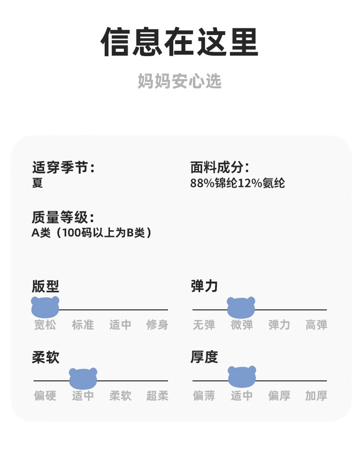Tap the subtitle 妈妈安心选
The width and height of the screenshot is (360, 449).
tap(180, 81)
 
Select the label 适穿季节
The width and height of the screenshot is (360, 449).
tap(63, 167)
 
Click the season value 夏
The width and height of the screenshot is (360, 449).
tap(37, 183)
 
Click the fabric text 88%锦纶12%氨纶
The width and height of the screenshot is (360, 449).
tap(238, 183)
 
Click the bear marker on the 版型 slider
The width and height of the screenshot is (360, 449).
tap(45, 307)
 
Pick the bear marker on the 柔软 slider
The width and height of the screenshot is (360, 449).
tap(83, 378)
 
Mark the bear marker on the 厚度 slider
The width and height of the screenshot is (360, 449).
tap(241, 377)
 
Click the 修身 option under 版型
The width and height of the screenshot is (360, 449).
tap(157, 325)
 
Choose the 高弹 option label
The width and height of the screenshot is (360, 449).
tap(316, 325)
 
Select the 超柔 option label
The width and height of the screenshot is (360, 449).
tap(157, 396)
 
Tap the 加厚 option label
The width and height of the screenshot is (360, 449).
tap(316, 396)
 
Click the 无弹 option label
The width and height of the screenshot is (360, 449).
tap(204, 325)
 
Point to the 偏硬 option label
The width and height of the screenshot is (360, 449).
tap(45, 396)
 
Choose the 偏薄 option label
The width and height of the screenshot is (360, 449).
tap(204, 396)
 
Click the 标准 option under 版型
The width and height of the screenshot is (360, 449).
tap(83, 325)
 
